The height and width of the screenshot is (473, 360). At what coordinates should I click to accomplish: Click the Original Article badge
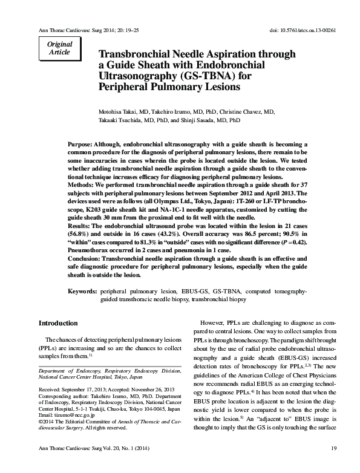pos(59,48)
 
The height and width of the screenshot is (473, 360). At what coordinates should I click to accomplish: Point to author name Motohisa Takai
pos(119,113)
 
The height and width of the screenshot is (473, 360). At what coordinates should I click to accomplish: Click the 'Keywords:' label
pos(83,292)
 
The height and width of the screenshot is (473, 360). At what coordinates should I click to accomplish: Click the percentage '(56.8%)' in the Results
pos(80,233)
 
